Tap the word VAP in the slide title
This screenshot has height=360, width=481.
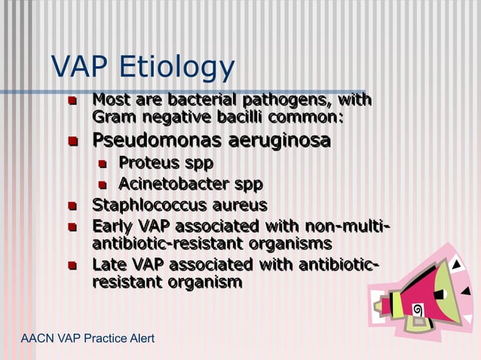tap(78, 68)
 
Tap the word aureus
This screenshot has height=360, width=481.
tap(237, 206)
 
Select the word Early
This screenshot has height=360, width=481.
tap(110, 227)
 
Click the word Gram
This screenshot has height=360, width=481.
tap(112, 117)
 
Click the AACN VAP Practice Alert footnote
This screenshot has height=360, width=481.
tap(87, 338)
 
